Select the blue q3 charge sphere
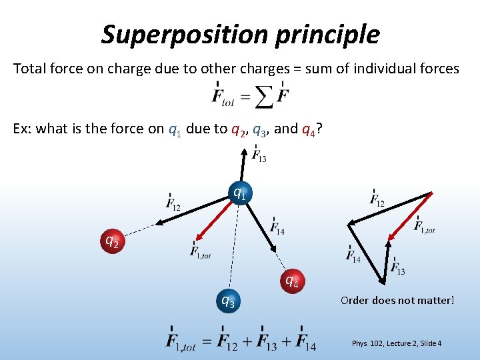(x=227, y=301)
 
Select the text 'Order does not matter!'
(x=397, y=300)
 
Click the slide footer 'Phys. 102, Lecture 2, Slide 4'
(x=396, y=343)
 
